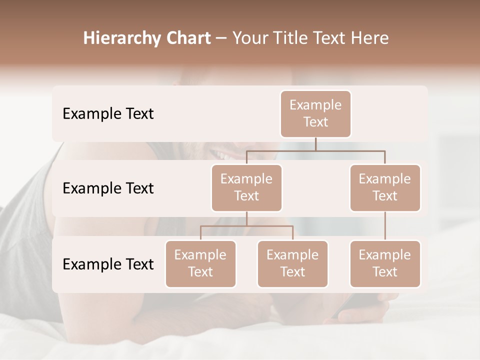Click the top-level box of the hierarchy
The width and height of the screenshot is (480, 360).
(x=315, y=113)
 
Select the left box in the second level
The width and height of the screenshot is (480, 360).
(x=246, y=187)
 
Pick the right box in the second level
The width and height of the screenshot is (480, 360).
(x=385, y=187)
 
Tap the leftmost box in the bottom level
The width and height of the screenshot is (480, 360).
(x=200, y=263)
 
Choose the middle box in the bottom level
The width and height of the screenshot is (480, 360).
(x=292, y=263)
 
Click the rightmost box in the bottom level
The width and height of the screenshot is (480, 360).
(x=385, y=263)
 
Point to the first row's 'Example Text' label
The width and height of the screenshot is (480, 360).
(x=108, y=114)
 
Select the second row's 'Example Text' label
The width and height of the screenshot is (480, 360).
(x=108, y=188)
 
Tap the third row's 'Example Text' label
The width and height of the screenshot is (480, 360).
(x=108, y=264)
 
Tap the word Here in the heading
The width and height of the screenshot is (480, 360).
(x=369, y=38)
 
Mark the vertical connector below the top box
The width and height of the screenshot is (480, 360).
(x=315, y=144)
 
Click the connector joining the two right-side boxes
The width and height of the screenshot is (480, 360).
(x=385, y=226)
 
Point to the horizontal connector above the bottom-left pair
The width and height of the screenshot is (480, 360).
(x=246, y=226)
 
